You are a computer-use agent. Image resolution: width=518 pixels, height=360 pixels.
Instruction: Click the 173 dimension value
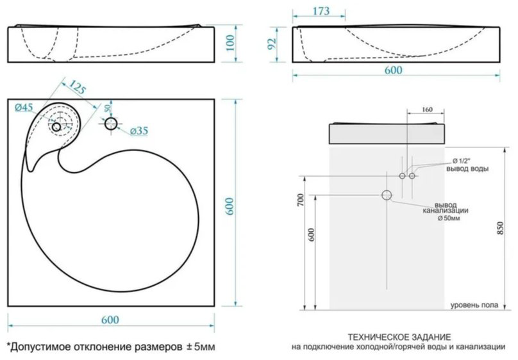[x=321, y=11]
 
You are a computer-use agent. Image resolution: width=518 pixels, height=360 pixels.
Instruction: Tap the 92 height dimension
[x=272, y=44]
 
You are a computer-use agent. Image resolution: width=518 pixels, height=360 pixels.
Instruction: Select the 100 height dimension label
[x=230, y=43]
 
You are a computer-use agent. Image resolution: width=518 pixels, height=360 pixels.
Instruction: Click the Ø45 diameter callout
[x=24, y=107]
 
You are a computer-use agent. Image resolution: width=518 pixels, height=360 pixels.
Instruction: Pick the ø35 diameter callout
[x=139, y=131]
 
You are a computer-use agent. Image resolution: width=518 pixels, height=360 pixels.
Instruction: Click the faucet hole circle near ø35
[x=111, y=124]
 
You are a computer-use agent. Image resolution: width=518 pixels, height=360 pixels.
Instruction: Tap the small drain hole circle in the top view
[x=56, y=127]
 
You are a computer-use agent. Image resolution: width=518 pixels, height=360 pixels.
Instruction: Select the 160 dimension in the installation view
[x=427, y=110]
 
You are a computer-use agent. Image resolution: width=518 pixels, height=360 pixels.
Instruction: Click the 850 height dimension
[x=501, y=228]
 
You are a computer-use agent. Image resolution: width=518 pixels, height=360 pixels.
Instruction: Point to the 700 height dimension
[x=300, y=200]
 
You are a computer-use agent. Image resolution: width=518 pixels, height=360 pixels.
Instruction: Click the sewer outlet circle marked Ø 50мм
[x=387, y=195]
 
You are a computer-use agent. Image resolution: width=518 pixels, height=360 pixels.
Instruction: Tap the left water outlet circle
[x=402, y=176]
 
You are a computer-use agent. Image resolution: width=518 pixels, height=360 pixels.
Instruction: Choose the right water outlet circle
[x=412, y=176]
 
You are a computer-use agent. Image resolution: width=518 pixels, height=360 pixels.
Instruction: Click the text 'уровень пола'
[x=474, y=305]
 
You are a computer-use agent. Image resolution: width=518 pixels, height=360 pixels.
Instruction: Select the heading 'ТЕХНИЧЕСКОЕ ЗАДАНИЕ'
[x=399, y=337]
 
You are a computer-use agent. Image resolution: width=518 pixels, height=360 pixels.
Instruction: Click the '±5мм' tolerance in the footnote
[x=201, y=347]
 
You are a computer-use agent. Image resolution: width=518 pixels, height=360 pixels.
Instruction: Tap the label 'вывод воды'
[x=467, y=168]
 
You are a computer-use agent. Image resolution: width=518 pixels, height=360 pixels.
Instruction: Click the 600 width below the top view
[x=110, y=320]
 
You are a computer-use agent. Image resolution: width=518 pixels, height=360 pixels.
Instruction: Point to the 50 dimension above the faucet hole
[x=108, y=108]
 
